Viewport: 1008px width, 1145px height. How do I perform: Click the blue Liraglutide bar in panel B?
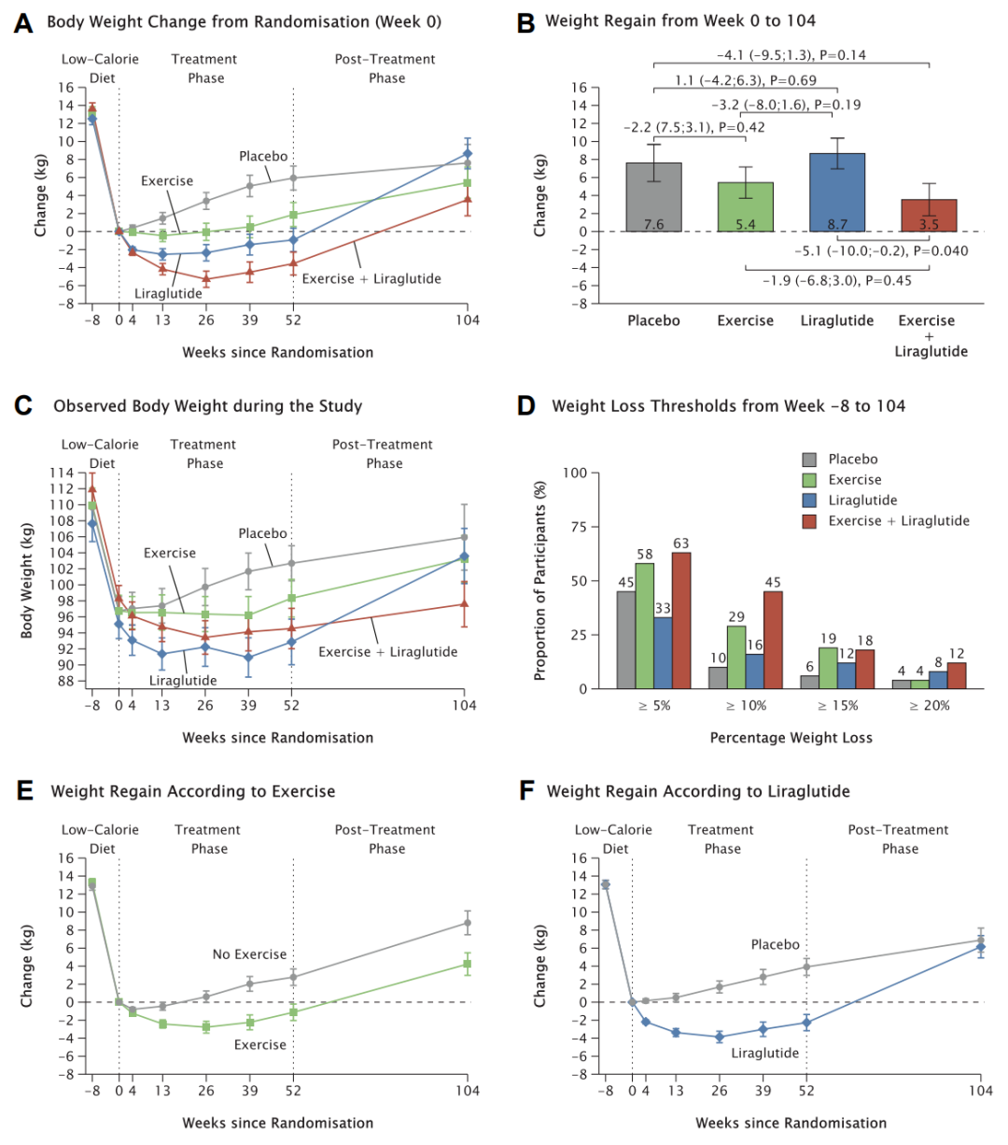pos(837,192)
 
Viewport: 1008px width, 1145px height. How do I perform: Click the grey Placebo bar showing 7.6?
pos(654,197)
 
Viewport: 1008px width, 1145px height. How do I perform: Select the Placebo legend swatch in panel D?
pos(810,459)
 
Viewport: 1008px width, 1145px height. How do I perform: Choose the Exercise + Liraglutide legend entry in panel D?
pos(898,521)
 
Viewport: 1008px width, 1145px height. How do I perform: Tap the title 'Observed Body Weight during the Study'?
pos(208,406)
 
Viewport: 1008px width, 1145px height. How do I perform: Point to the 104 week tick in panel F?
pos(980,1091)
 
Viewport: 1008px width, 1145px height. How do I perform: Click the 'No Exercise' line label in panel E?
pos(249,954)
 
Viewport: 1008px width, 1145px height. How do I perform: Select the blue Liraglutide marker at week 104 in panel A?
pos(468,153)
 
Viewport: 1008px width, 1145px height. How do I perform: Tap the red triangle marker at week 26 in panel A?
pos(206,278)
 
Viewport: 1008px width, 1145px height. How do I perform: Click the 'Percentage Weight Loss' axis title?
pos(791,738)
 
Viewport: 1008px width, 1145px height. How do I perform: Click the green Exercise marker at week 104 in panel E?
pos(468,964)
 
